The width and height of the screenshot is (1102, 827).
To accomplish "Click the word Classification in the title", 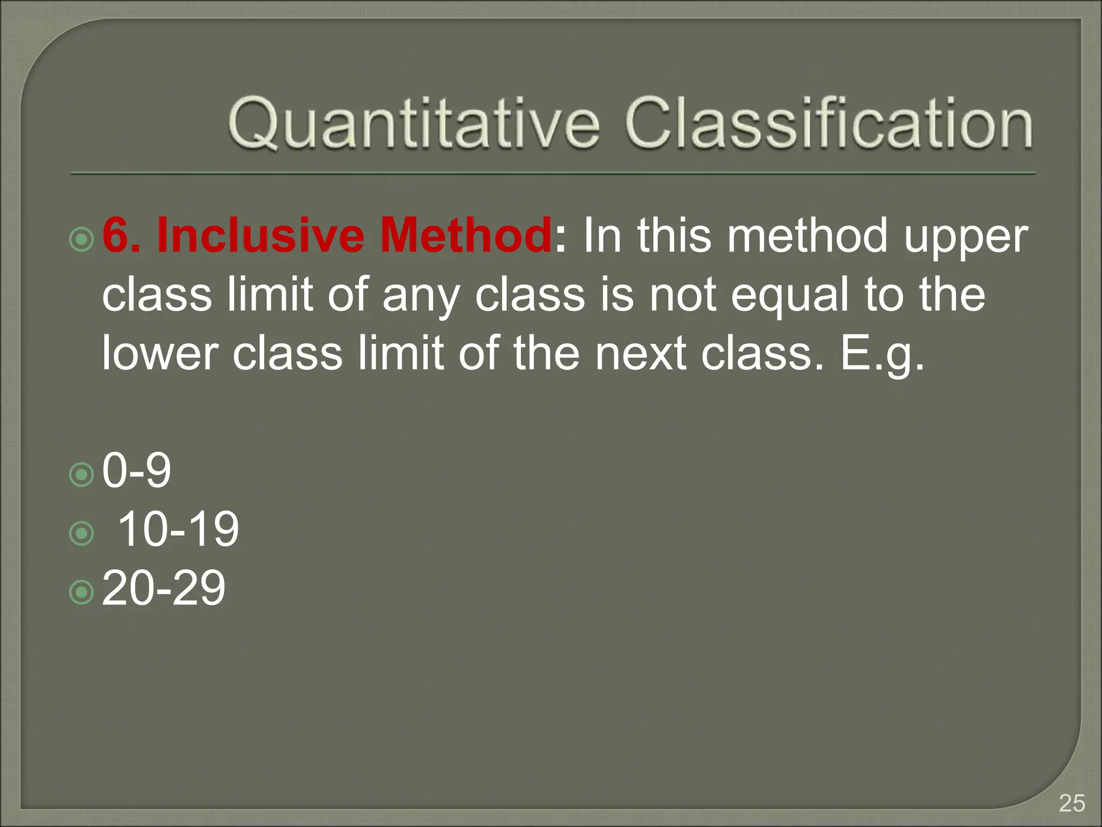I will click(829, 124).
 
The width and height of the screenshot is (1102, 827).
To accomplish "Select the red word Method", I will click(465, 236).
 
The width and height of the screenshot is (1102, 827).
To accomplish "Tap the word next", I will click(640, 354).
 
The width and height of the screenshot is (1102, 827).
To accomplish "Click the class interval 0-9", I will click(137, 471).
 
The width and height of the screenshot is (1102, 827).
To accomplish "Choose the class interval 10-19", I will click(178, 530).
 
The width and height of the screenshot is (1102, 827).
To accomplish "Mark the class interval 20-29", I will click(164, 588).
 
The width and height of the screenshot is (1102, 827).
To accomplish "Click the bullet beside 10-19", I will click(82, 534).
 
